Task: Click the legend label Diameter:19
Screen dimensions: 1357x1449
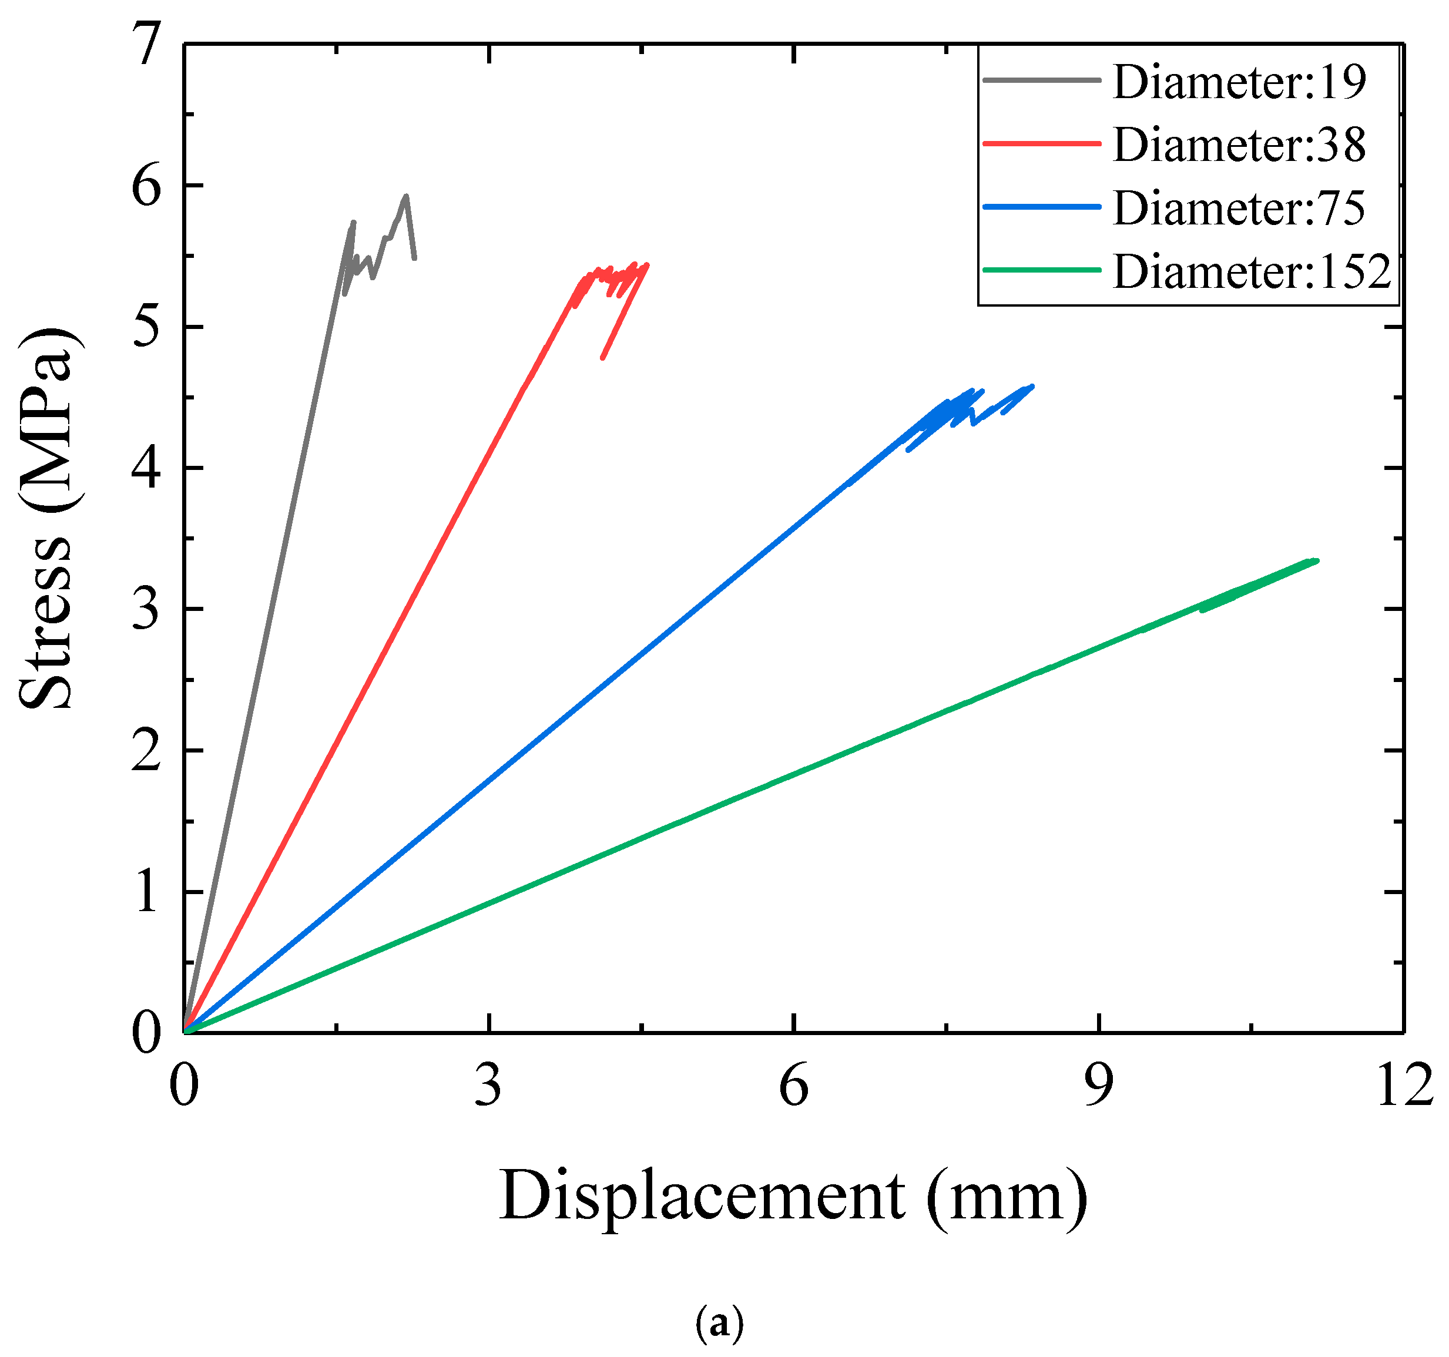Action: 1239,82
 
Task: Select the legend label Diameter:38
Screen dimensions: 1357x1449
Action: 1239,145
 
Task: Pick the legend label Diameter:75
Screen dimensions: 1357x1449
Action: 1239,208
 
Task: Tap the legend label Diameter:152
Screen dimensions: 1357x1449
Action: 1252,272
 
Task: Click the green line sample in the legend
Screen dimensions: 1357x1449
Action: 1041,270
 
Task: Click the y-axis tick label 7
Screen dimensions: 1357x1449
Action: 148,45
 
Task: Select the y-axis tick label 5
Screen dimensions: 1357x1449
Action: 148,327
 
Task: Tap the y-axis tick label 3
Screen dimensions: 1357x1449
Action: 148,609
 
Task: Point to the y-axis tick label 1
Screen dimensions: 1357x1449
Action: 148,892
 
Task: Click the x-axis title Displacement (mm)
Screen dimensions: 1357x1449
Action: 793,1197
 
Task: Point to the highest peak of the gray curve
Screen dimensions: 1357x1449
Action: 406,195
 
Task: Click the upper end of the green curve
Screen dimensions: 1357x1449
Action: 1316,560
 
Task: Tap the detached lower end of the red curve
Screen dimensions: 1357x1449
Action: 603,358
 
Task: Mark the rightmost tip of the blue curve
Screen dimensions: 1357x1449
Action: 1032,387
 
